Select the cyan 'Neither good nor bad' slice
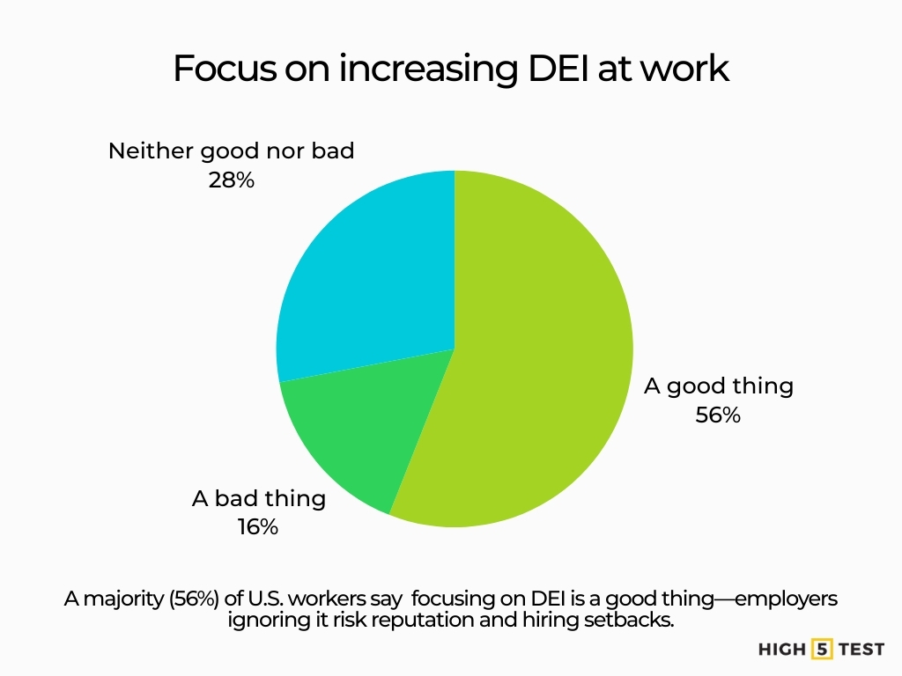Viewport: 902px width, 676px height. click(x=370, y=273)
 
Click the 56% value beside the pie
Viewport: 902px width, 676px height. click(x=718, y=415)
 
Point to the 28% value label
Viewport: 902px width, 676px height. click(x=231, y=180)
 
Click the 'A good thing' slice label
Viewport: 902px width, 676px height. click(x=718, y=386)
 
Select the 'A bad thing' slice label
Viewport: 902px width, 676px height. click(x=258, y=498)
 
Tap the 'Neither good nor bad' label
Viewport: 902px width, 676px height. click(x=231, y=151)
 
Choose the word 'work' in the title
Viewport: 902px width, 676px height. click(x=692, y=69)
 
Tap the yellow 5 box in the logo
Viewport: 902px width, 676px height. click(x=822, y=650)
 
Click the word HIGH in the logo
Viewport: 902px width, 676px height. click(x=781, y=650)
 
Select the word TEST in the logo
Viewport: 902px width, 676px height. click(x=861, y=650)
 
